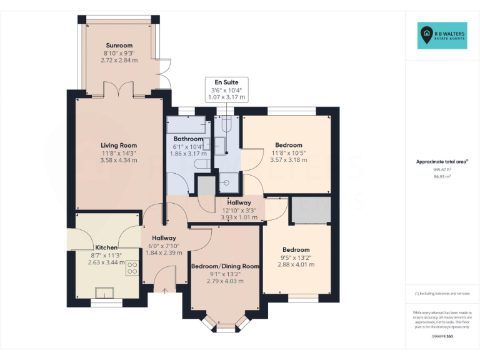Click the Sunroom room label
pos(119,46)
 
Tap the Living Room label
pos(119,146)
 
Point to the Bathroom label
pos(188,139)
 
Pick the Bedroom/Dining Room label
pos(225,266)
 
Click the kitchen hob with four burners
pos(132,269)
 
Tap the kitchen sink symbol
pos(104,292)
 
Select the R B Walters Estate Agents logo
pos(442,36)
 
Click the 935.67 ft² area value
pos(442,169)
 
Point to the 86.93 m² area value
pos(442,177)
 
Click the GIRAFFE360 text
pos(442,337)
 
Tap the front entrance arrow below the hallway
pos(165,289)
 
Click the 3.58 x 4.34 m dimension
pos(119,161)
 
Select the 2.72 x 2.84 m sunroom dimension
pos(119,61)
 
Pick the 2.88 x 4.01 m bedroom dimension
pos(296,265)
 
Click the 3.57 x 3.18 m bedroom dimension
pos(287,160)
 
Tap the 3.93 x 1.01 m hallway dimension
pos(239,217)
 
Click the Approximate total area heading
pos(442,162)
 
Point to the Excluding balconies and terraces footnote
pos(442,293)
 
